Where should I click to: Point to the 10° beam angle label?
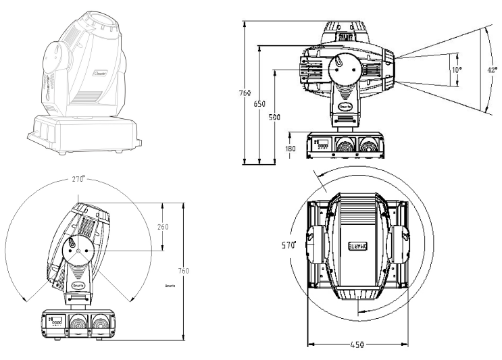coord(456,69)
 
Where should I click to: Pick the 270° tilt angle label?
coord(80,180)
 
